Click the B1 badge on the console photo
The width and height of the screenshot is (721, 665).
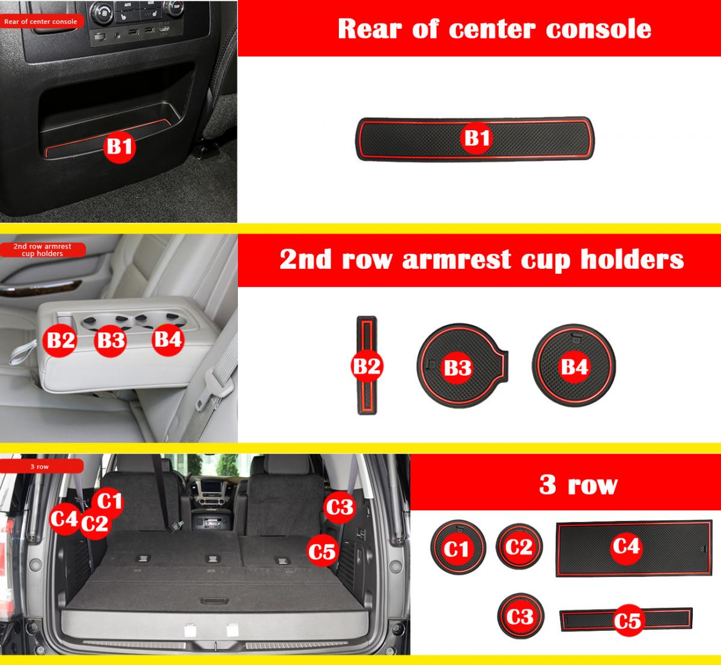coord(120,147)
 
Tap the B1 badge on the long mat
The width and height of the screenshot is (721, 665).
coord(476,138)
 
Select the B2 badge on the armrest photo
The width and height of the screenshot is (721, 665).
coord(59,340)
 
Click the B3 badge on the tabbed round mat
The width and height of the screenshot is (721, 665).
coord(457,367)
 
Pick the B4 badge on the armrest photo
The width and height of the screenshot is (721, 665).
coord(168,340)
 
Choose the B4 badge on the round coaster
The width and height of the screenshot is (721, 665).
coord(574,367)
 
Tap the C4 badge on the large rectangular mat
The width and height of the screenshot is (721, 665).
coord(626,546)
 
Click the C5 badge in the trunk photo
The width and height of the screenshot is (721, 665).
coord(323,552)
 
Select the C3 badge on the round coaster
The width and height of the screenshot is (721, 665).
coord(520,617)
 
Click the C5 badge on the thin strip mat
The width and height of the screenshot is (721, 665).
coord(627,621)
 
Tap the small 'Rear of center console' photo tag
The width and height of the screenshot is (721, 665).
coord(41,22)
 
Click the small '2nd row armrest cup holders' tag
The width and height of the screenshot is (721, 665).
coord(43,250)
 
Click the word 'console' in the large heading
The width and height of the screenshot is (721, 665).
coord(598,29)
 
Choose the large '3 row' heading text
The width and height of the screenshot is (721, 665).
coord(578,484)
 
